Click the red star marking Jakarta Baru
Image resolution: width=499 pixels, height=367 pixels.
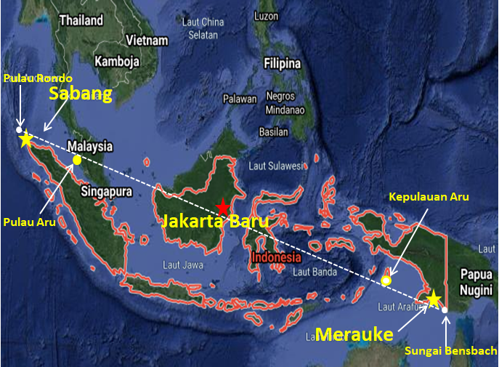(224, 206)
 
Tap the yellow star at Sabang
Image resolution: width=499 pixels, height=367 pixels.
(26, 138)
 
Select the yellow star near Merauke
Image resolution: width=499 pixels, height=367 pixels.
(434, 299)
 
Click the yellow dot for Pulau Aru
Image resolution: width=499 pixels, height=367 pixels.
(76, 160)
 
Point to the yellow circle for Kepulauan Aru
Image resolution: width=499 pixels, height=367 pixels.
(386, 281)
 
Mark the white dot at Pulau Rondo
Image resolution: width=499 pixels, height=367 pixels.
(20, 129)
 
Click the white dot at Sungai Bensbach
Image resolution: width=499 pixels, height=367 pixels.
(445, 310)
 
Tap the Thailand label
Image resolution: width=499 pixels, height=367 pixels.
(81, 21)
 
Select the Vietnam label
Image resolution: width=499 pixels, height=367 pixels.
(147, 40)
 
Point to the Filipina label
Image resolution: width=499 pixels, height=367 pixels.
(282, 62)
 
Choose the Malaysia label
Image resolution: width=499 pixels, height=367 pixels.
(90, 146)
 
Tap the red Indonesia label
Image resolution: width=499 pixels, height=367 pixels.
(276, 257)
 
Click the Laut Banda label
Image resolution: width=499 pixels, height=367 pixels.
(314, 273)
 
